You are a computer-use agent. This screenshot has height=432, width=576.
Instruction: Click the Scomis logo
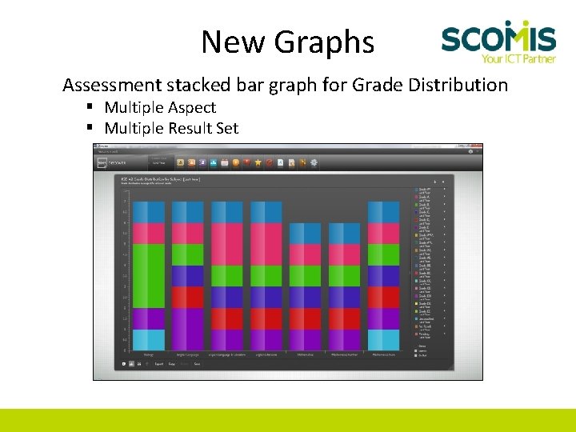coord(498,37)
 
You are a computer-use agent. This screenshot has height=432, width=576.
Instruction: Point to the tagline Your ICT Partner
coord(518,58)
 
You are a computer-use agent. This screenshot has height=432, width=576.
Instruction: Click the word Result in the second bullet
coord(189,128)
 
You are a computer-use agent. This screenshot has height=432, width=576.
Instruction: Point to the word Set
coord(227,128)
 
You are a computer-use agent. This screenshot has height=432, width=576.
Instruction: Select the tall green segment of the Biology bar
coord(148,276)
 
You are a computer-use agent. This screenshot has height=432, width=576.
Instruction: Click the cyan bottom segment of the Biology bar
coord(148,339)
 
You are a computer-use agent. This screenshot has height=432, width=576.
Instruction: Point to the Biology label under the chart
coord(148,354)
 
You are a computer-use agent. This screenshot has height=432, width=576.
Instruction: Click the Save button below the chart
coord(197,364)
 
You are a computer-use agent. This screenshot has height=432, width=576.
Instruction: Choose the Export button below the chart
coord(158,364)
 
